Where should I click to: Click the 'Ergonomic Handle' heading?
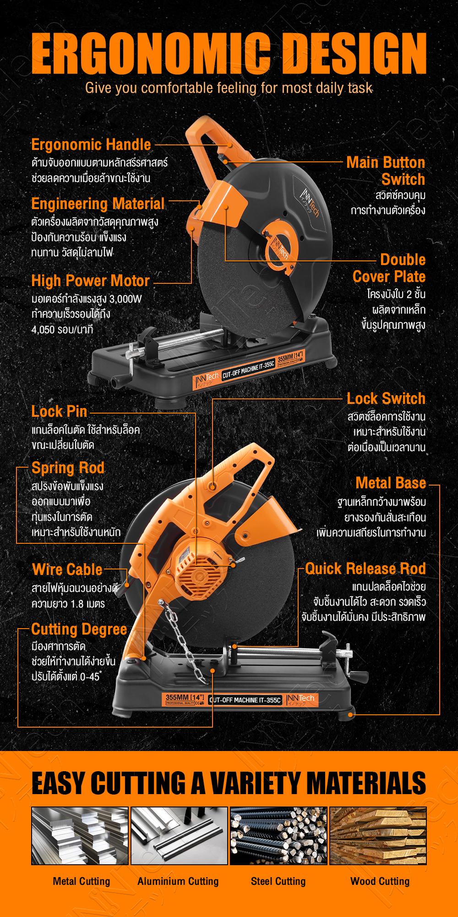tap(91, 145)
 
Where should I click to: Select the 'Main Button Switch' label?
tap(386, 171)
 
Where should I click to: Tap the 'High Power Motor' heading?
tap(91, 281)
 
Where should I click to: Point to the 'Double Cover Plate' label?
tap(389, 268)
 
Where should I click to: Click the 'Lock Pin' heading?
tap(59, 411)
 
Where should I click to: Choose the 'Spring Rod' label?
tap(68, 468)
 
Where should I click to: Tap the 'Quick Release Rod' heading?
tap(365, 569)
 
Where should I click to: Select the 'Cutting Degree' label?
tap(79, 630)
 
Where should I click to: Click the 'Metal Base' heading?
tap(391, 483)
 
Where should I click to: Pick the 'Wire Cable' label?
tap(67, 570)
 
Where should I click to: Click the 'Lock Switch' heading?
tap(386, 398)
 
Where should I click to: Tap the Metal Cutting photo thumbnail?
tap(80, 836)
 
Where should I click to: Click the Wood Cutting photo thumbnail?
tap(378, 836)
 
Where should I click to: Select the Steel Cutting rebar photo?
tap(278, 836)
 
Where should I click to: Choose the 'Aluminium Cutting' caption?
tap(178, 881)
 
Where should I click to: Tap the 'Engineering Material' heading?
tap(98, 204)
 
